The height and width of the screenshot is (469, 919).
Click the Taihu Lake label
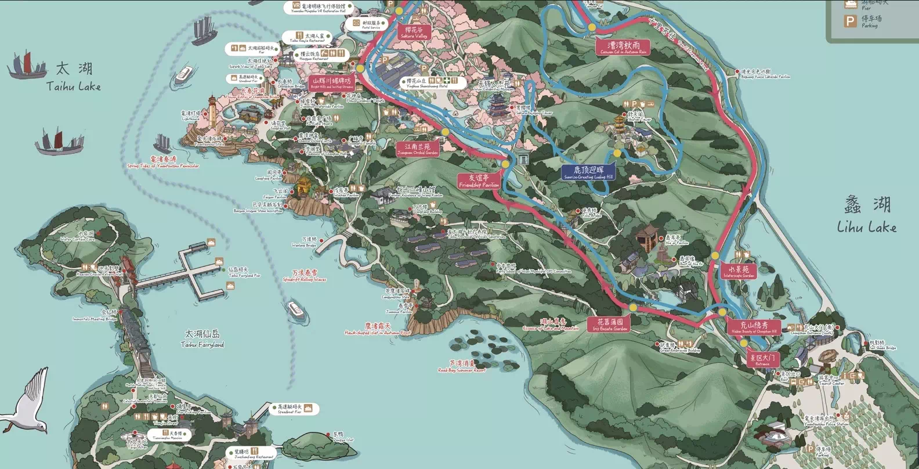tap(73, 77)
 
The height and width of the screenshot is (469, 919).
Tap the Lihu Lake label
tap(867, 215)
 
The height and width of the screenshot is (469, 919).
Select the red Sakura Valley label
tap(414, 33)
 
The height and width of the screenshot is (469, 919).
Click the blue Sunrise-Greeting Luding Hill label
tap(588, 172)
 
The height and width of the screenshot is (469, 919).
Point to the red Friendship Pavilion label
tap(479, 181)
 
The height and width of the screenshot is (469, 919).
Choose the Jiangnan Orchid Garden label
tap(418, 149)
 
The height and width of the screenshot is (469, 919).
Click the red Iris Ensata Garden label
tap(610, 324)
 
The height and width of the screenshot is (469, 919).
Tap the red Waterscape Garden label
tap(739, 272)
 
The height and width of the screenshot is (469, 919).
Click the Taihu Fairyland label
tap(202, 338)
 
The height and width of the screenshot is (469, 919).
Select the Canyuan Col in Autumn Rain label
tap(624, 48)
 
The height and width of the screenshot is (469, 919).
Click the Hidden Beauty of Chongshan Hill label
tap(754, 327)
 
